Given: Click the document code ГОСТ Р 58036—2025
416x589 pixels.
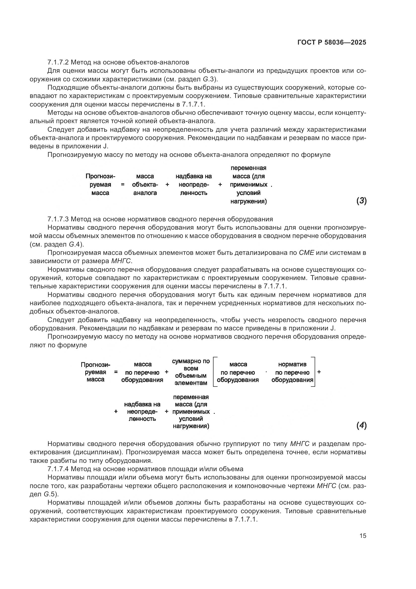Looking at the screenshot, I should click(332, 42).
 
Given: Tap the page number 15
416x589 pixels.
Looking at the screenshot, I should click(363, 536).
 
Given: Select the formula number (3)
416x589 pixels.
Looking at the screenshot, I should click(361, 201).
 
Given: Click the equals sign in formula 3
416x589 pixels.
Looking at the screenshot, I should click(123, 184).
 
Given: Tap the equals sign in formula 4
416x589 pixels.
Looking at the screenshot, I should click(116, 372).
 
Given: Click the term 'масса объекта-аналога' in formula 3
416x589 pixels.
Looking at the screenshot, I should click(145, 184).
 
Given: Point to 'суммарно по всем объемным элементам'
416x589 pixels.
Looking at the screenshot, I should click(191, 372).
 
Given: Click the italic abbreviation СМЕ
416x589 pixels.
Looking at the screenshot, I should click(306, 253).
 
